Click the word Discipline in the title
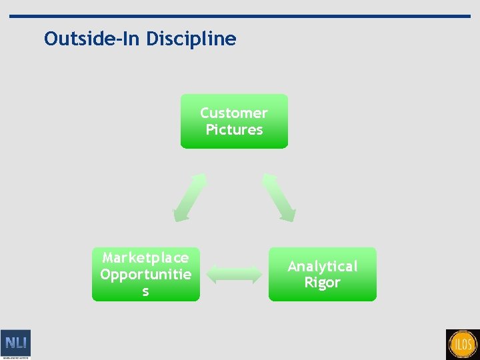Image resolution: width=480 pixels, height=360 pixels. [191, 39]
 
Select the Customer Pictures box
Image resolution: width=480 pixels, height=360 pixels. [234, 121]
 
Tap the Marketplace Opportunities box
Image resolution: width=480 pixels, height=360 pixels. [145, 274]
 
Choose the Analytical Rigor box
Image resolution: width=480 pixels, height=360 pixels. [322, 274]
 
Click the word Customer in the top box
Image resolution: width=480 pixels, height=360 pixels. [234, 113]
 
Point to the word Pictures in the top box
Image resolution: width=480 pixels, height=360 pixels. [234, 130]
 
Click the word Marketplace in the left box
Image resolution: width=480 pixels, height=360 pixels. [145, 257]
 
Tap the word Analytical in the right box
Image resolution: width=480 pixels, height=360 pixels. [322, 266]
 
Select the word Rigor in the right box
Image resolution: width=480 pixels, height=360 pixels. [322, 283]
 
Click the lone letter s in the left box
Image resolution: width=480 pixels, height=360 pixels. [145, 292]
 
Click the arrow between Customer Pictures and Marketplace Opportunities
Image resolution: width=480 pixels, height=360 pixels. [190, 198]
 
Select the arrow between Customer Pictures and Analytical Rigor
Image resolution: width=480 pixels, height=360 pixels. [279, 198]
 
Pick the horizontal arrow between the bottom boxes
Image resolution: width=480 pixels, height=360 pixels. [234, 274]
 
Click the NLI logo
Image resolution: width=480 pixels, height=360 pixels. [15, 343]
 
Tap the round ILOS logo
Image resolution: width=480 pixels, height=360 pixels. [462, 345]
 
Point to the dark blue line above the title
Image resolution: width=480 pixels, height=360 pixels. [240, 16]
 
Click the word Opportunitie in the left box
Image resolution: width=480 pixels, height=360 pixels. [145, 275]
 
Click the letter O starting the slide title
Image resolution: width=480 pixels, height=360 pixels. [51, 39]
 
